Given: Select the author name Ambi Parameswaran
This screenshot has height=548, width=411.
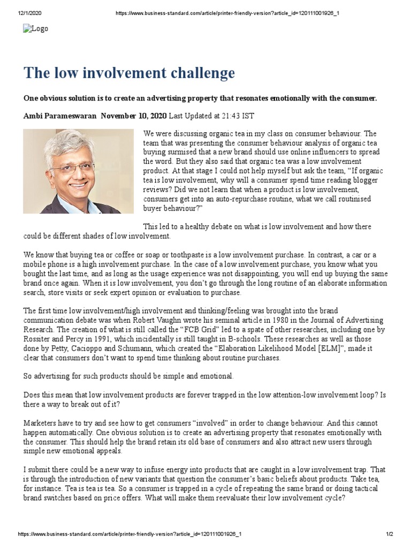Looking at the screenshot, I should (60, 116).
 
